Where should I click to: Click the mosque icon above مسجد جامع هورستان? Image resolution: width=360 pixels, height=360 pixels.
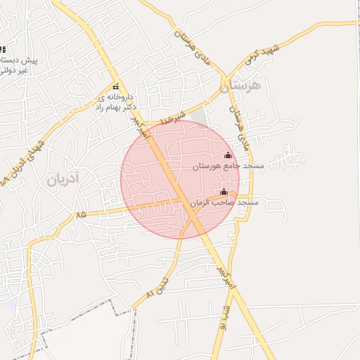click(228, 155)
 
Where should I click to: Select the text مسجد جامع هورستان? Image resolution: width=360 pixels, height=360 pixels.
click(228, 167)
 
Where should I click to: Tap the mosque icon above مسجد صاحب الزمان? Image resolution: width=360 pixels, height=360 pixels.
click(224, 191)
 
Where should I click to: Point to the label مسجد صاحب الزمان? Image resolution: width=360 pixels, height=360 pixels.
click(224, 202)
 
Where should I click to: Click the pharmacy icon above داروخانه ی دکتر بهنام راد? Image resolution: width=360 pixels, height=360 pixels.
click(116, 87)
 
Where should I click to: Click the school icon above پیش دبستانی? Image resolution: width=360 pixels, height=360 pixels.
click(2, 49)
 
